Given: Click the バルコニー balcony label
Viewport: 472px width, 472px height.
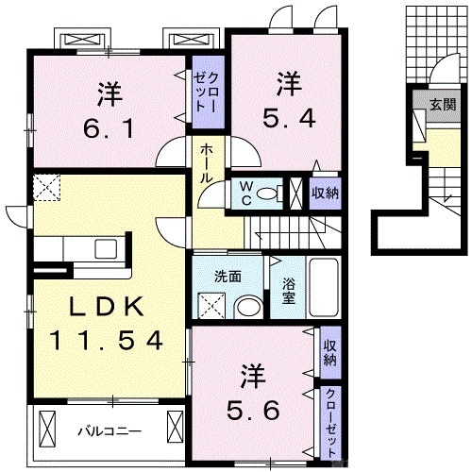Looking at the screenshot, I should (x=109, y=430).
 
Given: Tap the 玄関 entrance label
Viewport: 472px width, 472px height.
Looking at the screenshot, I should (x=441, y=104).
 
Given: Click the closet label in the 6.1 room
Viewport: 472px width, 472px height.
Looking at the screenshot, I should (x=207, y=93).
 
